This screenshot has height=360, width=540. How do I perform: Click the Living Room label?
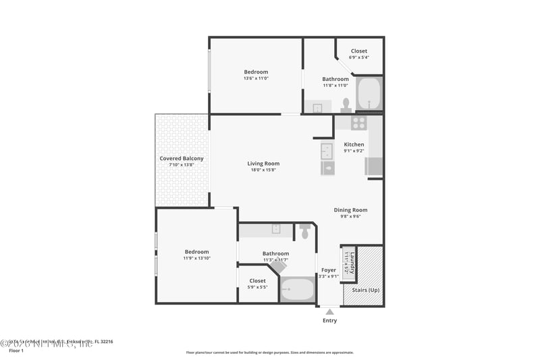click(263, 163)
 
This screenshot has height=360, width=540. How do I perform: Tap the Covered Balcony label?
click(181, 159)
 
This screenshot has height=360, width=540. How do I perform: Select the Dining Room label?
click(351, 210)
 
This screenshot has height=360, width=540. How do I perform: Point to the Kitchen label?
click(354, 145)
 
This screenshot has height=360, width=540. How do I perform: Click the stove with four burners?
click(358, 123)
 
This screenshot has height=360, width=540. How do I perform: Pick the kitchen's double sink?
click(327, 151)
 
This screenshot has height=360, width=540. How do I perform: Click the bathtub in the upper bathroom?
click(369, 94)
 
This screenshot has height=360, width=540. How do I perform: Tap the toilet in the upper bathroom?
click(346, 105)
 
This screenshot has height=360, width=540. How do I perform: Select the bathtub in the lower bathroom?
click(297, 290)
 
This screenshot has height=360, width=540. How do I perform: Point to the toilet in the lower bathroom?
click(305, 232)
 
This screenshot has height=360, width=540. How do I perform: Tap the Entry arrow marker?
click(329, 311)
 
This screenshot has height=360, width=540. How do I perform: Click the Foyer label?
click(329, 270)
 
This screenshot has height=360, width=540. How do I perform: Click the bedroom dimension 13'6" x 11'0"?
click(256, 78)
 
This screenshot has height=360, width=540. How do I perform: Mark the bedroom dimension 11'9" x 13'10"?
click(196, 258)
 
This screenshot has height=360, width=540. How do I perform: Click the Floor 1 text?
click(16, 351)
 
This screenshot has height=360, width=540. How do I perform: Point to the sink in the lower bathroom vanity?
click(276, 229)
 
